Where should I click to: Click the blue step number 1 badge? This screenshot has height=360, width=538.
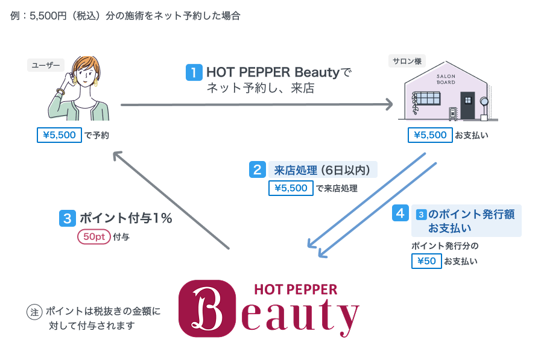tap(194, 73)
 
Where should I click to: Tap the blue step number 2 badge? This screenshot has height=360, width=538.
tap(258, 169)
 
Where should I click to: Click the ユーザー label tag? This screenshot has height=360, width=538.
tap(45, 65)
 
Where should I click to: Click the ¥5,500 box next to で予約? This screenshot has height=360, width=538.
tap(59, 135)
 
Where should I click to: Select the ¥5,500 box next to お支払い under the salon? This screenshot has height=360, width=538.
tap(429, 135)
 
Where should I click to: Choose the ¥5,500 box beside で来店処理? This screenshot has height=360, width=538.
tap(291, 188)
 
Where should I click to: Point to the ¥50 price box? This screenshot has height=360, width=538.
tap(426, 261)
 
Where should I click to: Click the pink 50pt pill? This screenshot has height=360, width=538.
tap(93, 237)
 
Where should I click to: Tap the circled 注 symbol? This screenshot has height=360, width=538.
tap(34, 312)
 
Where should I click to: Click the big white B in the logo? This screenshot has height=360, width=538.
tap(206, 308)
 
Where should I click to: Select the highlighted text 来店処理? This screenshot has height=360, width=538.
tap(292, 169)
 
